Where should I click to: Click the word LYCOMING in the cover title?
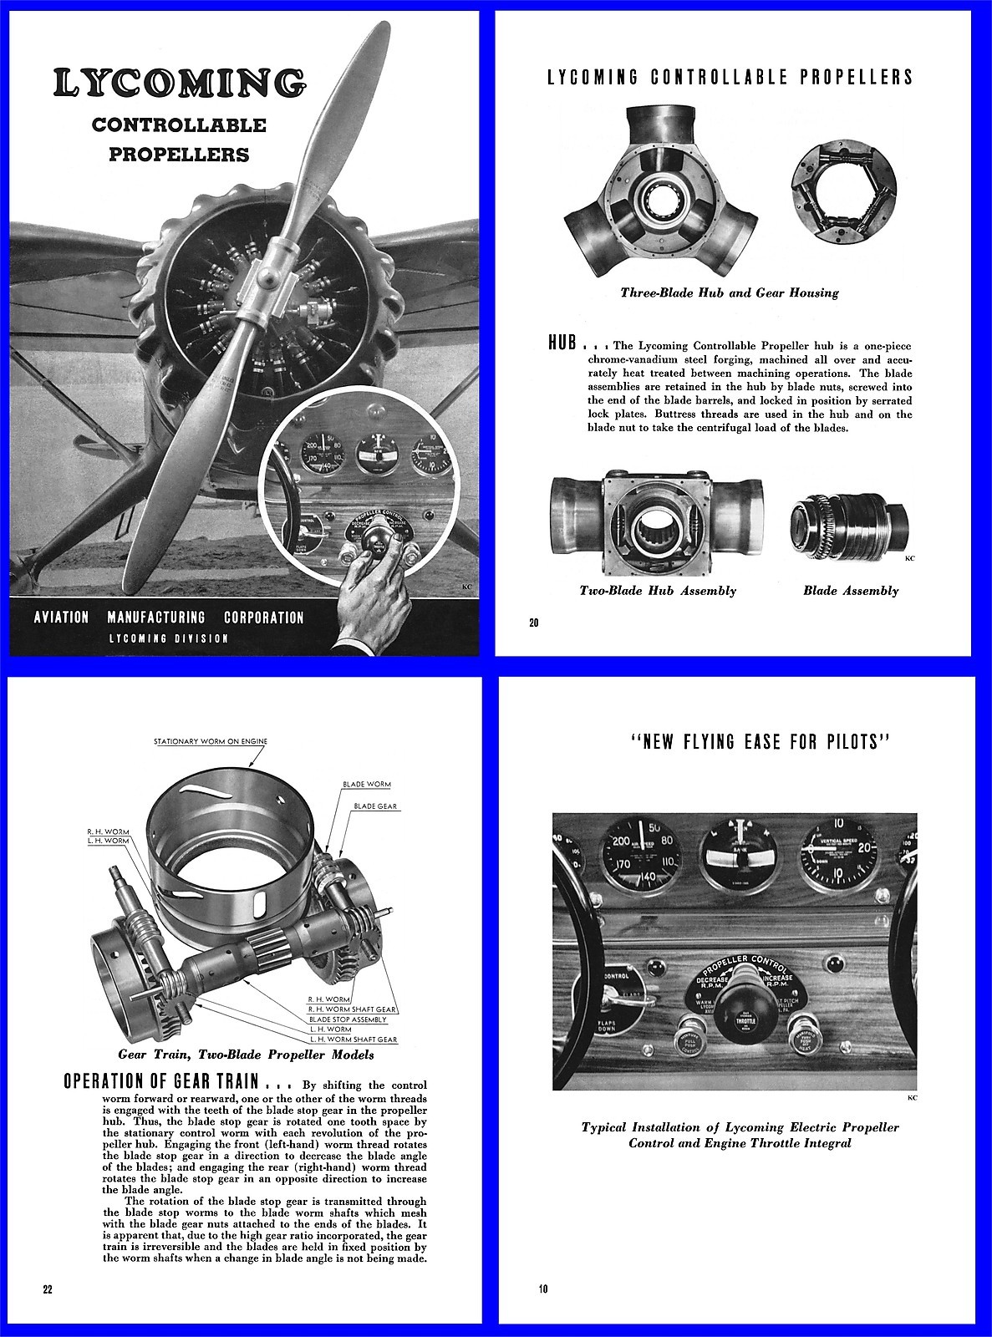[179, 83]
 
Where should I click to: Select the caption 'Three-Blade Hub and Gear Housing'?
[729, 292]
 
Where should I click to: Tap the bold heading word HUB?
[562, 343]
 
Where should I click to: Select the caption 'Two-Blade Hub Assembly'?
[658, 591]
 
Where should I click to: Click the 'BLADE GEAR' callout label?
[375, 806]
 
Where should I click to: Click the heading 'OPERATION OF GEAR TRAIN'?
[162, 1080]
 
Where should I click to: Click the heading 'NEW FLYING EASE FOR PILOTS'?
[758, 742]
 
